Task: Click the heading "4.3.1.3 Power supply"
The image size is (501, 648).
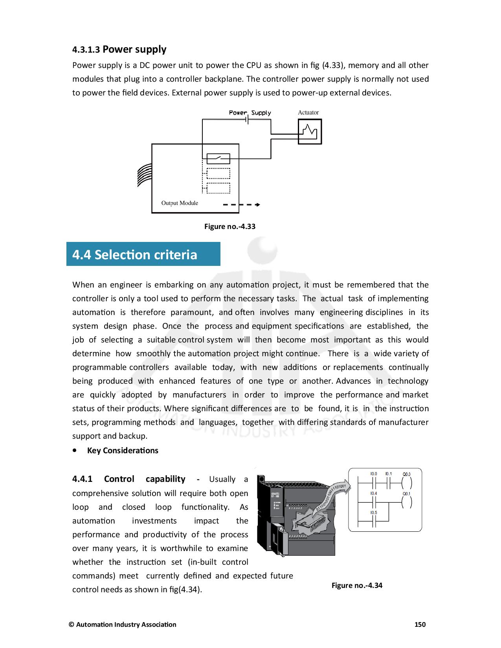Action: tap(119, 49)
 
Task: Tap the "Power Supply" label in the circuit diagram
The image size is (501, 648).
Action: tap(250, 113)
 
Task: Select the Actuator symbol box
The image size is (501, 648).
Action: tap(310, 132)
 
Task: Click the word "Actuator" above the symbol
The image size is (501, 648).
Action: tap(308, 112)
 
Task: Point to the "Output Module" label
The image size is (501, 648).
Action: tap(180, 203)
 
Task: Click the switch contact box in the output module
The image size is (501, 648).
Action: tap(218, 159)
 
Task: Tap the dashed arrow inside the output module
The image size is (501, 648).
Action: tap(241, 205)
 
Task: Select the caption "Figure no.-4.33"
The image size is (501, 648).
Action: tap(229, 227)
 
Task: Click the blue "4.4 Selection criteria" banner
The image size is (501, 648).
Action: tap(143, 254)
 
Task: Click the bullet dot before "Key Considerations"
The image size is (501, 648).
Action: tap(75, 451)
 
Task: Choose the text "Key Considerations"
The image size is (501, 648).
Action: tap(123, 450)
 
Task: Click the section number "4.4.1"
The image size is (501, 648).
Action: tap(82, 479)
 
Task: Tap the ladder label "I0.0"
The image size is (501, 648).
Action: tap(373, 474)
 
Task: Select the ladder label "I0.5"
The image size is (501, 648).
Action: tap(373, 513)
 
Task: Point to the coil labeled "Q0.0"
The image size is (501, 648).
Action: tap(406, 481)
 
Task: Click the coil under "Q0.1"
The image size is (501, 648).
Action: tap(406, 502)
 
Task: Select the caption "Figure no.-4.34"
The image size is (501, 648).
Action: tap(357, 586)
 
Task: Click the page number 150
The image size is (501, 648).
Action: tap(420, 624)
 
